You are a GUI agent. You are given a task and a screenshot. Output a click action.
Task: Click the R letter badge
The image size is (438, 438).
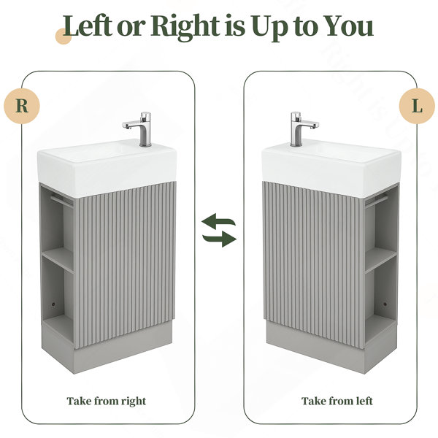pyautogui.click(x=22, y=106)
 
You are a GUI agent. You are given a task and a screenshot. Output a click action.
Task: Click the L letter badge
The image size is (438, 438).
pyautogui.click(x=417, y=106)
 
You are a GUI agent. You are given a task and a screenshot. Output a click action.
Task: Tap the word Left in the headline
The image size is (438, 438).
pyautogui.click(x=88, y=26)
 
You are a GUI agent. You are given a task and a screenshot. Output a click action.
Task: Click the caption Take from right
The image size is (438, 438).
pyautogui.click(x=107, y=401)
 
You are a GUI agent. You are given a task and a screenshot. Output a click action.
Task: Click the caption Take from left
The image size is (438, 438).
pyautogui.click(x=337, y=401)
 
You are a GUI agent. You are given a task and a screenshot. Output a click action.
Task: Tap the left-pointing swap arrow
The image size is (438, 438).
pyautogui.click(x=218, y=220)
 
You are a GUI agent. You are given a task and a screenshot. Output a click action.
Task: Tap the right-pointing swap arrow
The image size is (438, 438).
pyautogui.click(x=220, y=239)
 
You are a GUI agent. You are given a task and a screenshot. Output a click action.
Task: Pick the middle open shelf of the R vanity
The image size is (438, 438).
pyautogui.click(x=58, y=259)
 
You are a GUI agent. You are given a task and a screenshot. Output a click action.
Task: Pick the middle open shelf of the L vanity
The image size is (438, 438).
pyautogui.click(x=380, y=259)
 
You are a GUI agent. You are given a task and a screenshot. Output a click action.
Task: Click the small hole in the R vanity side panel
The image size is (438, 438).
pyautogui.click(x=53, y=304)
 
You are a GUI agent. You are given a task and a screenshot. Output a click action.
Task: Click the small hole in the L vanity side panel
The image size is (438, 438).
pyautogui.click(x=385, y=304)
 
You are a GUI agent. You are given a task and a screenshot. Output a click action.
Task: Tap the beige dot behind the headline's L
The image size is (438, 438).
pyautogui.click(x=64, y=36)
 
